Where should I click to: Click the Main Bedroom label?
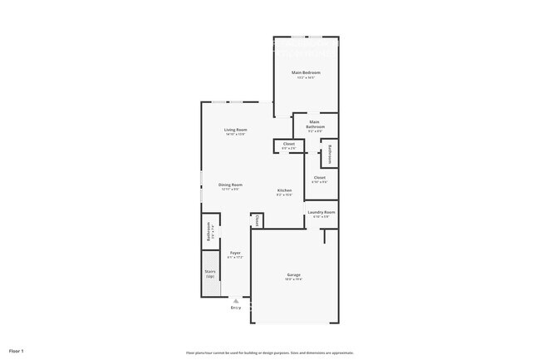pos(306,72)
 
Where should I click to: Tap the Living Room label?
pos(235,130)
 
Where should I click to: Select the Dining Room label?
pos(230,185)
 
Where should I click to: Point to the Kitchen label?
pos(285,190)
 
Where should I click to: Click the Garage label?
pos(294,274)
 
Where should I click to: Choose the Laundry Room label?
pos(321,213)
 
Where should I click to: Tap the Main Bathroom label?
pos(315,125)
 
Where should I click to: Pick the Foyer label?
pos(236,253)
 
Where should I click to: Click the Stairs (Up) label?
pos(210,274)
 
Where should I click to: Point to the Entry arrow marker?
pos(236,301)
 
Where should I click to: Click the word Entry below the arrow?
pos(236,308)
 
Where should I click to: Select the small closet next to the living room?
pos(288,145)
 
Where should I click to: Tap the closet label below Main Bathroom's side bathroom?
pos(319,178)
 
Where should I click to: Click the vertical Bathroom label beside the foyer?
pos(209,236)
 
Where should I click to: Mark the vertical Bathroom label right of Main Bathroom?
pos(329,154)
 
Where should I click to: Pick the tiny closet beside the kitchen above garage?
pos(257,220)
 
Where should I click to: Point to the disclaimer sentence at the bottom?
pos(270,352)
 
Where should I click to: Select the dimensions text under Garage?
pos(294,279)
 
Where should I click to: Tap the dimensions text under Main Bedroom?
pos(306,77)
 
